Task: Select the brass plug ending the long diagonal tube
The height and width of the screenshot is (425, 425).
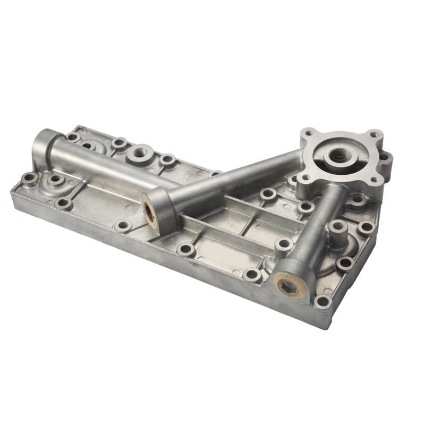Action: coord(150,210)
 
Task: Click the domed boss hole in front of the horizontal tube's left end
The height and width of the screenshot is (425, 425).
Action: coord(56,181)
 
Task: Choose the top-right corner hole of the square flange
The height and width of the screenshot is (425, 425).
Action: coord(374,134)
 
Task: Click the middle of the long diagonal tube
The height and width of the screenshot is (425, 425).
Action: coord(234,178)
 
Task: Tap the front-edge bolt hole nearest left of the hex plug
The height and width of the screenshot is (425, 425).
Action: coord(252,274)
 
